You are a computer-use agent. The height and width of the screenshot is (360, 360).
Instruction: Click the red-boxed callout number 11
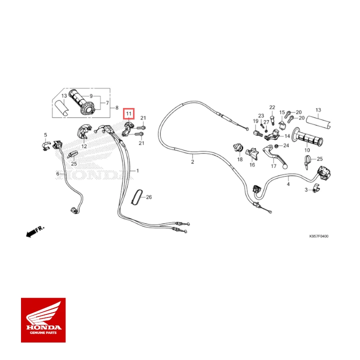(128, 114)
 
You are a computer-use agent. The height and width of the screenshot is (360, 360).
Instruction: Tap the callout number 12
(84, 146)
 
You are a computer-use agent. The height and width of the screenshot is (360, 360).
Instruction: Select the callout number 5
(45, 135)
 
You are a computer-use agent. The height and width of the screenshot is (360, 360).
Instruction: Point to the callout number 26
(148, 197)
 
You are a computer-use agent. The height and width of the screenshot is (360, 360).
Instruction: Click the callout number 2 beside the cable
(192, 162)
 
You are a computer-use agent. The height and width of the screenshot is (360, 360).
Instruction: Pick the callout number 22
(272, 107)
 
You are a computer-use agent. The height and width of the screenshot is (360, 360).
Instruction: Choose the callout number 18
(239, 159)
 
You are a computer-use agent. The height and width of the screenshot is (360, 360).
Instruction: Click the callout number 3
(306, 190)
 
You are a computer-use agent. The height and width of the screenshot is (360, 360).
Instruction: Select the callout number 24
(286, 145)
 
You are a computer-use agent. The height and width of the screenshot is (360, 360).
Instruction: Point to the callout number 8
(116, 107)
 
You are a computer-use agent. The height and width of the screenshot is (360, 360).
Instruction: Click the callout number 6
(57, 173)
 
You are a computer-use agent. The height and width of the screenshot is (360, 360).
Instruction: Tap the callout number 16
(252, 164)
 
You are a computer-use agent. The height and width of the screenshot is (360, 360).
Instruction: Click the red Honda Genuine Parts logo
(43, 319)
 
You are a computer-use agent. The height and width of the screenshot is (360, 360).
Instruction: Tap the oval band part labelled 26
(136, 197)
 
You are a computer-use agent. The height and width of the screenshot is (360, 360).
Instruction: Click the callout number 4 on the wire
(288, 184)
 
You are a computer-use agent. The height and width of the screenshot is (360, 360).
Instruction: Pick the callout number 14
(287, 136)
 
